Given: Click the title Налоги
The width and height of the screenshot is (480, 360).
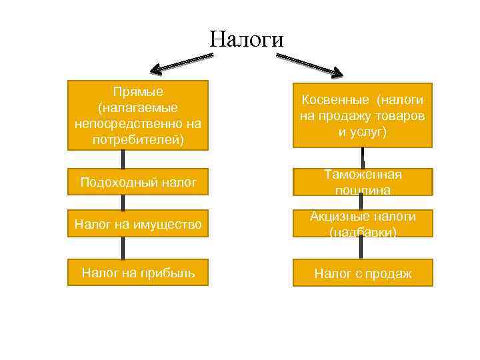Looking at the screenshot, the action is [x=246, y=38].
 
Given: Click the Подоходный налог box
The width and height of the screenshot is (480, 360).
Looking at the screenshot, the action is [x=138, y=181].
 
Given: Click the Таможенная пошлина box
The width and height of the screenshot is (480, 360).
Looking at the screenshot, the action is [x=362, y=181].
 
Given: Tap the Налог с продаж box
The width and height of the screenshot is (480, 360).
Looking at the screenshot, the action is [x=362, y=273].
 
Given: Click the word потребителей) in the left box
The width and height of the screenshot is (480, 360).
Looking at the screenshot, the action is [x=139, y=140].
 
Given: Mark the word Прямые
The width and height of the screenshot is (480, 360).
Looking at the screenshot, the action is [x=139, y=91].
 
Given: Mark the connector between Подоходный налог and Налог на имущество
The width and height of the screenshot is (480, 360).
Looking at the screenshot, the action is [x=123, y=203].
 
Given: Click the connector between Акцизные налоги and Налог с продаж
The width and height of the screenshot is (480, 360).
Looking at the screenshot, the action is [x=362, y=249].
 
